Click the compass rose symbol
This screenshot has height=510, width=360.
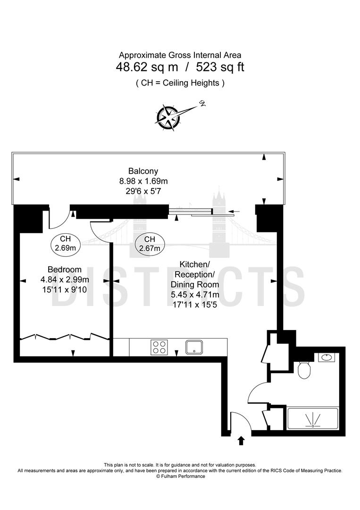click(168, 117)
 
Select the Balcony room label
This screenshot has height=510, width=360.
click(143, 171)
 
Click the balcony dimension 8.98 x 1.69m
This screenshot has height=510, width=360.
click(143, 181)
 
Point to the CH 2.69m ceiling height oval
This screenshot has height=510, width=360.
click(66, 243)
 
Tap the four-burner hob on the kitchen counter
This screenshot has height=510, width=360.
click(159, 348)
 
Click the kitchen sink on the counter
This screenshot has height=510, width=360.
click(194, 348)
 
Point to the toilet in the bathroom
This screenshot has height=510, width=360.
click(304, 370)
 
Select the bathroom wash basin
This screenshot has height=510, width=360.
click(326, 357)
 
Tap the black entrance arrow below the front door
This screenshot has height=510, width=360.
click(241, 441)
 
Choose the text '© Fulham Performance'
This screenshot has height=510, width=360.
click(180, 476)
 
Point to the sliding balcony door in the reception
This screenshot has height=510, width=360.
click(201, 212)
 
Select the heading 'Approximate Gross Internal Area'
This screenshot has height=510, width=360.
click(180, 55)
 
